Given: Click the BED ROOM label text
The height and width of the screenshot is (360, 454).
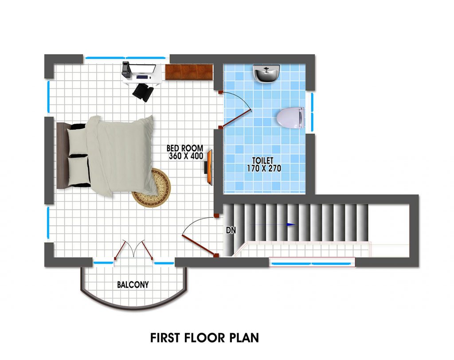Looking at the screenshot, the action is click(x=185, y=148).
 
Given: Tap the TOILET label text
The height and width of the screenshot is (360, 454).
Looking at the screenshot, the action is click(x=262, y=160).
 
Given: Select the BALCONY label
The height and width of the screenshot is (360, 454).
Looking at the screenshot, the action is click(x=133, y=285).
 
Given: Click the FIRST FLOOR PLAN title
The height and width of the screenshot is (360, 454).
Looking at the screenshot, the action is click(x=204, y=338).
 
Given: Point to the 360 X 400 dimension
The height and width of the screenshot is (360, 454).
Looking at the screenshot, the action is click(x=186, y=156).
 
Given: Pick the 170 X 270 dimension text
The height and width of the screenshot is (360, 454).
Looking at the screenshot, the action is click(x=264, y=168).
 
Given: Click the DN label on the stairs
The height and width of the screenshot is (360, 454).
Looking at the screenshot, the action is click(x=231, y=231).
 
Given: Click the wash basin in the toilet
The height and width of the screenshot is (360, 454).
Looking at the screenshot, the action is click(x=266, y=74).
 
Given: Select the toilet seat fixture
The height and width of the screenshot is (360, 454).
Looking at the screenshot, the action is click(x=290, y=117).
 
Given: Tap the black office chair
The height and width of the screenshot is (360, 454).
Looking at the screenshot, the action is click(x=143, y=92).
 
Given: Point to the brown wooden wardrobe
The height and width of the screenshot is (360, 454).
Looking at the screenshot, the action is click(x=189, y=72).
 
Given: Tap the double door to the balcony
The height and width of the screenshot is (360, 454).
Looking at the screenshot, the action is click(x=133, y=250).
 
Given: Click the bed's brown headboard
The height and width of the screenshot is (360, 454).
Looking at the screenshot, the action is click(x=63, y=156).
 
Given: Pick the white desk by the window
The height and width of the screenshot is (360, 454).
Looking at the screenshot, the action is click(x=142, y=74).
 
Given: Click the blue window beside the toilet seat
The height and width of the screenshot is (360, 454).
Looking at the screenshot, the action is click(x=312, y=112).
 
